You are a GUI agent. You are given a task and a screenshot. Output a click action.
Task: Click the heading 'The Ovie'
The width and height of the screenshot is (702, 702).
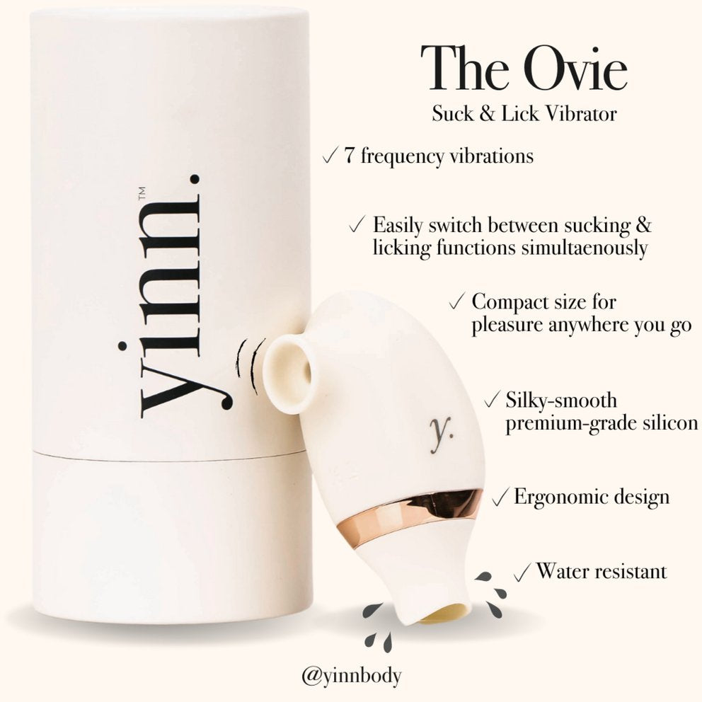tap(524, 68)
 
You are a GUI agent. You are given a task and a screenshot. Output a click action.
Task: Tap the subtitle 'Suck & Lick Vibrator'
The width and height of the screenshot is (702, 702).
tap(524, 114)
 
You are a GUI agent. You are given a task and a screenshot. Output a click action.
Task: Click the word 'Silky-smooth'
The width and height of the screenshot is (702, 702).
tap(561, 400)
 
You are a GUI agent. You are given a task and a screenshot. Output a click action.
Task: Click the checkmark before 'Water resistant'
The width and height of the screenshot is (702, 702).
tap(522, 572)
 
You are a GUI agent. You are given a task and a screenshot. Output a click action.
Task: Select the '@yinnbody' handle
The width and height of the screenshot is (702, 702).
tap(352, 676)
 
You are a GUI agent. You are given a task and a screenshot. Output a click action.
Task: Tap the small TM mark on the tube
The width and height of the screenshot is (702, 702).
tap(142, 193)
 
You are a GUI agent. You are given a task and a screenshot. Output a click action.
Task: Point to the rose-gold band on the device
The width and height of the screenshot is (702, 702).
tap(410, 511)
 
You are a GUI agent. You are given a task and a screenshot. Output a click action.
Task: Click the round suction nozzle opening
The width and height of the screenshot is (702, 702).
tap(289, 374)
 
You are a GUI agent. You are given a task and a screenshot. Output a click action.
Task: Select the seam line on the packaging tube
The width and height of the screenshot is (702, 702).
tap(170, 456)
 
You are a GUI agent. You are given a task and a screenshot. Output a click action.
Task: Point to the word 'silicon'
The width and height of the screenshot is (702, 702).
tap(670, 422)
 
